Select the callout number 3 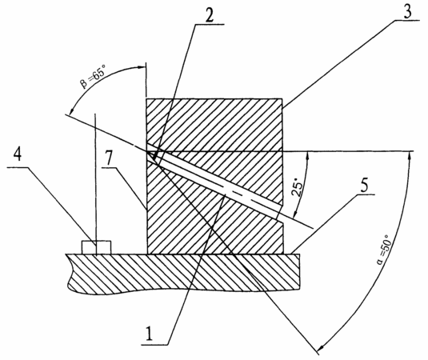pyautogui.click(x=407, y=11)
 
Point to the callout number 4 pyautogui.click(x=18, y=154)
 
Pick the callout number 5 pyautogui.click(x=364, y=186)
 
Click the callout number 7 pyautogui.click(x=109, y=160)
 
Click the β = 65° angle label pyautogui.click(x=93, y=78)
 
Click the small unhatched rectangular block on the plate pyautogui.click(x=96, y=247)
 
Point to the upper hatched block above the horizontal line pyautogui.click(x=215, y=125)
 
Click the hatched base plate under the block pyautogui.click(x=183, y=274)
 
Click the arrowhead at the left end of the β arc pyautogui.click(x=70, y=111)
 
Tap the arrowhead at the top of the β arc pyautogui.click(x=140, y=66)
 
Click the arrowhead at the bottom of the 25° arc pyautogui.click(x=294, y=214)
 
